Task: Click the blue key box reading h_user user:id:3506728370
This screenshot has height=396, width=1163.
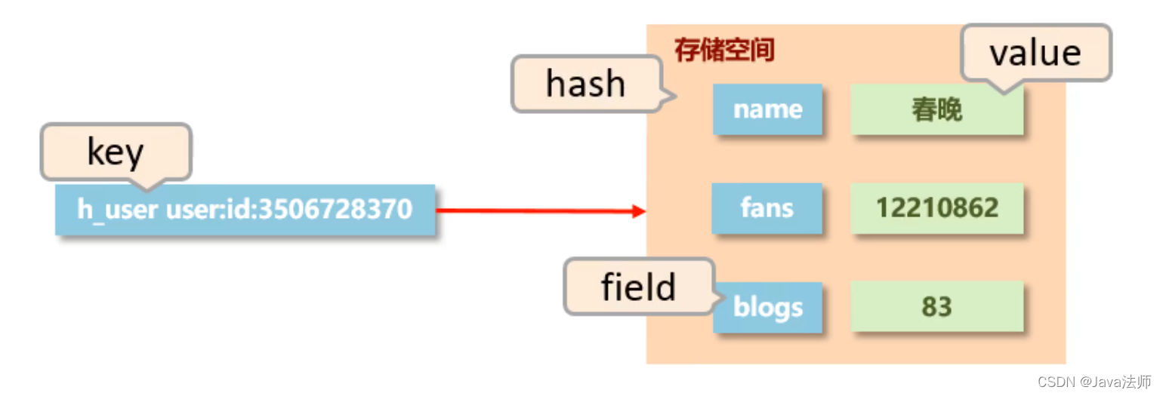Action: [245, 209]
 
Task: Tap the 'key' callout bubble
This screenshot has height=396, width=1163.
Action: [116, 152]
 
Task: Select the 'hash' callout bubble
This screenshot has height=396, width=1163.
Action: [586, 84]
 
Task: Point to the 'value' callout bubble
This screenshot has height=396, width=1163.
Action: [1035, 52]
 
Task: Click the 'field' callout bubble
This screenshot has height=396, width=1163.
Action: [638, 287]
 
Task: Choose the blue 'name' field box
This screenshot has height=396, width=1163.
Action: [767, 109]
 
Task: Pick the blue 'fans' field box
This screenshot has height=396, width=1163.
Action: [767, 208]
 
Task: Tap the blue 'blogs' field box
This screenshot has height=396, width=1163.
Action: [767, 307]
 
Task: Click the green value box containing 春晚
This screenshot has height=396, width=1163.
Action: [936, 110]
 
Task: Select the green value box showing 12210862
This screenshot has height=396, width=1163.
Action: [936, 208]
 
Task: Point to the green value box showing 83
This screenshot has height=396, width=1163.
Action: [936, 307]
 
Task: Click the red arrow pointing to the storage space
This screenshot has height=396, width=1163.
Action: [540, 211]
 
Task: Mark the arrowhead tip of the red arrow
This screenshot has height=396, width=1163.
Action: [644, 212]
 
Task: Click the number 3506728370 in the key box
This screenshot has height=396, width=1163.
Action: [335, 209]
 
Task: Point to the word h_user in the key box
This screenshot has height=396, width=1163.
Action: [118, 209]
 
